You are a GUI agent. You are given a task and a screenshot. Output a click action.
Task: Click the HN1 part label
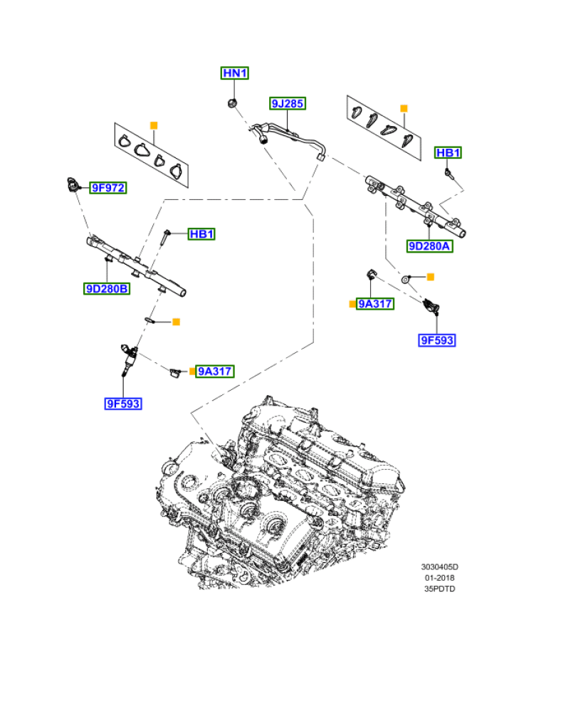pyautogui.click(x=234, y=73)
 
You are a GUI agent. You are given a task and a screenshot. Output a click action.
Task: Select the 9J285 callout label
pyautogui.click(x=288, y=104)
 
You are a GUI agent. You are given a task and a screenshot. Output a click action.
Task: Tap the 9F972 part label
pyautogui.click(x=107, y=188)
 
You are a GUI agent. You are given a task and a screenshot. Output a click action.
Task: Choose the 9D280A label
pyautogui.click(x=430, y=246)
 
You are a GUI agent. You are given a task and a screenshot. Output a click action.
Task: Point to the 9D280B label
pyautogui.click(x=107, y=288)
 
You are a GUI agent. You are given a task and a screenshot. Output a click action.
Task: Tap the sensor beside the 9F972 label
pyautogui.click(x=72, y=185)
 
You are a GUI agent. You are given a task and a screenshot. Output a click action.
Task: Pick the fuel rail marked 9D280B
pyautogui.click(x=135, y=267)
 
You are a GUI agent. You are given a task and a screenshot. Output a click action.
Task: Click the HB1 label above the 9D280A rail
pyautogui.click(x=448, y=152)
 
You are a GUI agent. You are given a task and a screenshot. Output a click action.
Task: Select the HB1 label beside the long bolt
pyautogui.click(x=201, y=234)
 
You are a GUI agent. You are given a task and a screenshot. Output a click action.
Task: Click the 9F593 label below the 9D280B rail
pyautogui.click(x=123, y=404)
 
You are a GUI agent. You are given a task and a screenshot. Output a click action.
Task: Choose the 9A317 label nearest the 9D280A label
pyautogui.click(x=375, y=304)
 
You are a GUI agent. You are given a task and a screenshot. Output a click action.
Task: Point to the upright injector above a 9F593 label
pyautogui.click(x=127, y=359)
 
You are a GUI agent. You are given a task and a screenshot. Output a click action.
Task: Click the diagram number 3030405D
pyautogui.click(x=439, y=567)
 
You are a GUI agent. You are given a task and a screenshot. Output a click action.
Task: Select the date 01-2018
pyautogui.click(x=439, y=578)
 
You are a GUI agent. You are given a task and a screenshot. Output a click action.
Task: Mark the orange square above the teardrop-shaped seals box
pyautogui.click(x=404, y=108)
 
